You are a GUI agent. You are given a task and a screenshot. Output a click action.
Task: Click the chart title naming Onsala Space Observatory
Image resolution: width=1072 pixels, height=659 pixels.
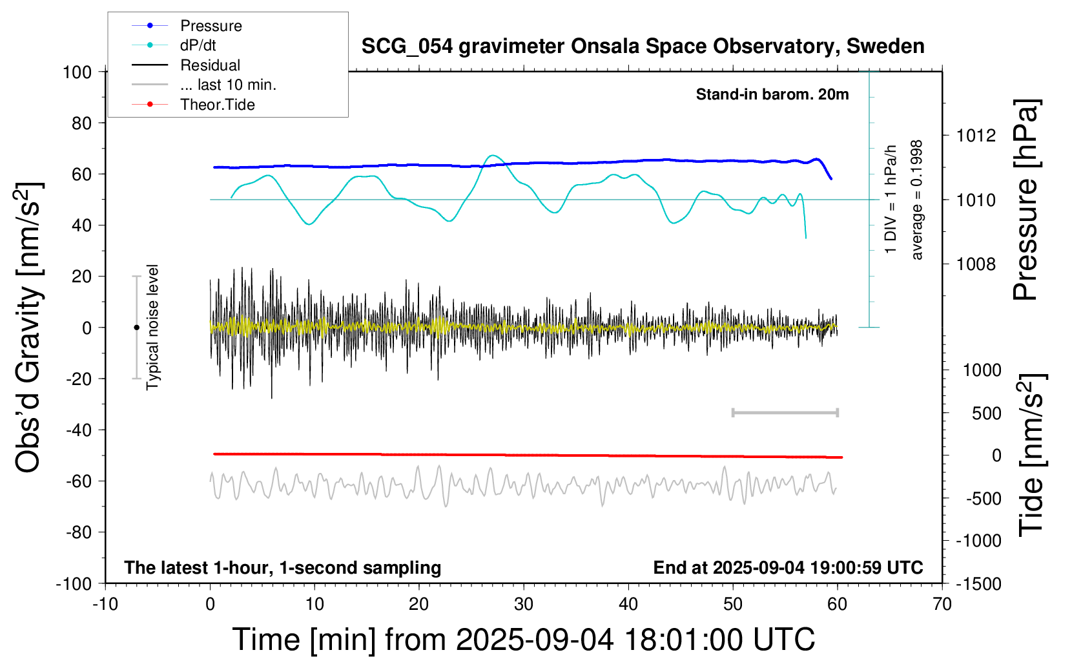[643, 47]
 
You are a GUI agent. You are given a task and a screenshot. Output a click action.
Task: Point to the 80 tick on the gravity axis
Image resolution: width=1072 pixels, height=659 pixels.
[81, 123]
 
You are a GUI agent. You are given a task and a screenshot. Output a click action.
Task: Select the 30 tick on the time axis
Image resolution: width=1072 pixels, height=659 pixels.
[524, 605]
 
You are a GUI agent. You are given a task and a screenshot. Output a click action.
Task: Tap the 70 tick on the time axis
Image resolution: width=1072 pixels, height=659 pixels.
[942, 605]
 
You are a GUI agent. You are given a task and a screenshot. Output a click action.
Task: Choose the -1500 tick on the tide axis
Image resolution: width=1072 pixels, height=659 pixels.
[978, 584]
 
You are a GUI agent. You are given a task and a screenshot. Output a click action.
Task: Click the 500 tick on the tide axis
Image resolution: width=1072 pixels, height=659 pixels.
[987, 413]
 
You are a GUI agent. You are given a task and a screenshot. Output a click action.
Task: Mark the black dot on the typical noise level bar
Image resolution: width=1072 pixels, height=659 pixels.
[136, 328]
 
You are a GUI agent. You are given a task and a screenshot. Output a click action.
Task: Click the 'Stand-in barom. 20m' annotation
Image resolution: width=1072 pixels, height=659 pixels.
[772, 94]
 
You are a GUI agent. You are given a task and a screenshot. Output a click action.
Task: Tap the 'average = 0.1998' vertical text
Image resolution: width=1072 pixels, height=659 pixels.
[917, 200]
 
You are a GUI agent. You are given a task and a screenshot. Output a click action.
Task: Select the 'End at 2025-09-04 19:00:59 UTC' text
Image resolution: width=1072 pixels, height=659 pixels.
[788, 568]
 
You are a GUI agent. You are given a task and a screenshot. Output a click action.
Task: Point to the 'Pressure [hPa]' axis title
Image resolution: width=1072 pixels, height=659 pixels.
[1026, 200]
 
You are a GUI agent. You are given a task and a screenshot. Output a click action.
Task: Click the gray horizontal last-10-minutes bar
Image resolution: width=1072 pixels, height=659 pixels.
[785, 413]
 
